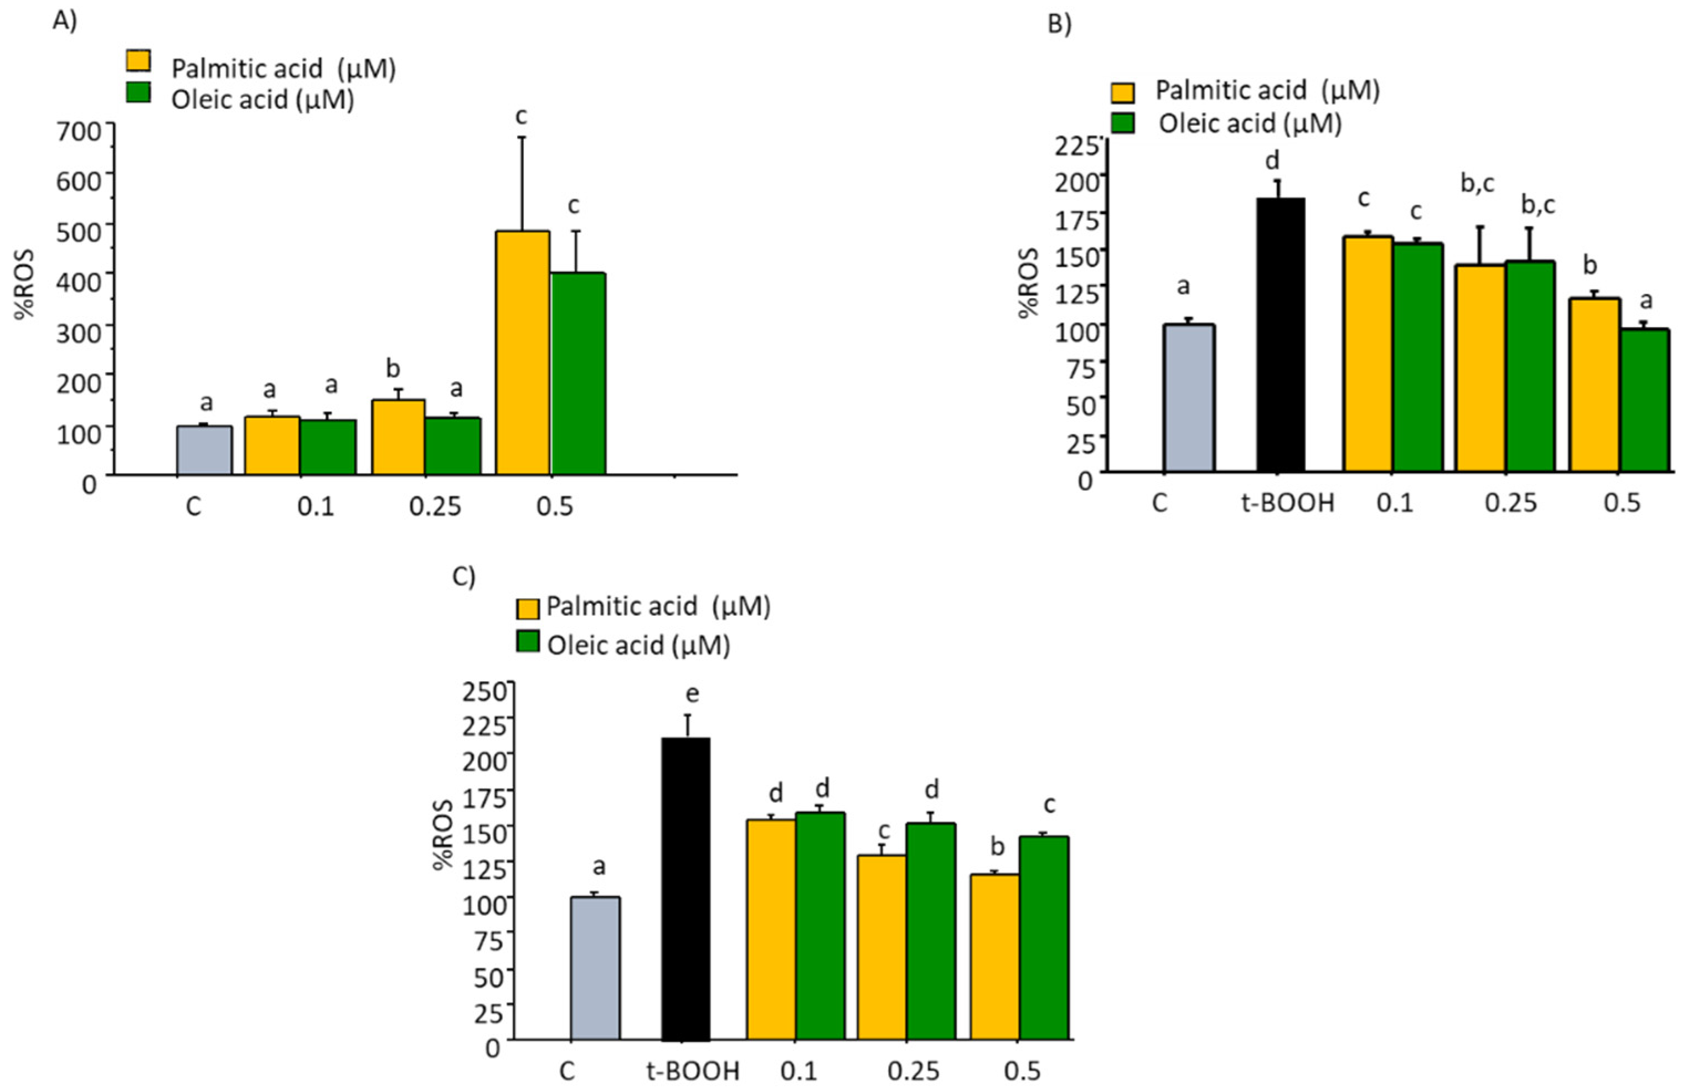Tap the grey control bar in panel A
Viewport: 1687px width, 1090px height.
point(204,450)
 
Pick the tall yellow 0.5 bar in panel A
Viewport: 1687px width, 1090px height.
point(523,352)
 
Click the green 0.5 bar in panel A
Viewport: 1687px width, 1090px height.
point(579,373)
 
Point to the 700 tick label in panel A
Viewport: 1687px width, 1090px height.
point(82,132)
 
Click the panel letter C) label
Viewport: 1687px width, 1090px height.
point(464,577)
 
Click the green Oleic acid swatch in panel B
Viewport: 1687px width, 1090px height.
point(1122,123)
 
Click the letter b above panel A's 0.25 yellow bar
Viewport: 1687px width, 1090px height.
point(393,368)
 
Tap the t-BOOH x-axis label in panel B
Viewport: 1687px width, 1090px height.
point(1288,504)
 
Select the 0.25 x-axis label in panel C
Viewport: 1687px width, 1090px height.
point(914,1071)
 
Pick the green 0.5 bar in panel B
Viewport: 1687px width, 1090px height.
point(1644,401)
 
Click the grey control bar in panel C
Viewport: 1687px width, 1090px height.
point(595,968)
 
